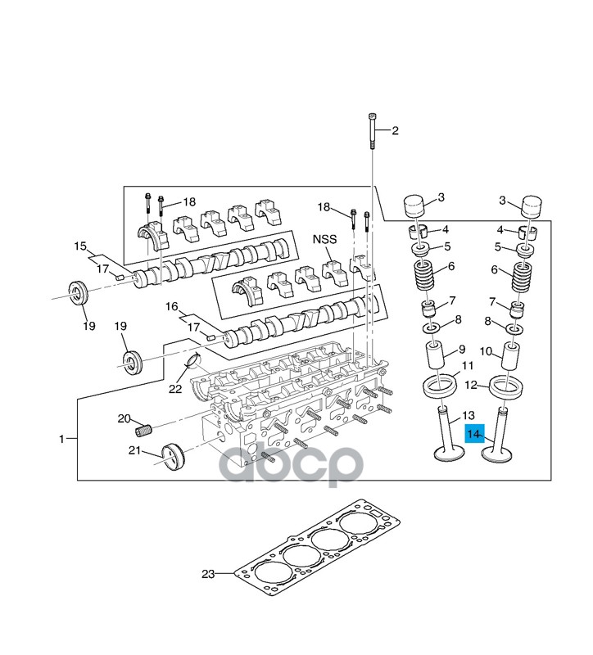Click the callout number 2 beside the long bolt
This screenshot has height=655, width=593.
[x=394, y=131]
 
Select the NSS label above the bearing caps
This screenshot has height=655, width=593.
[x=324, y=241]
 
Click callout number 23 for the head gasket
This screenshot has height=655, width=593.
[x=209, y=575]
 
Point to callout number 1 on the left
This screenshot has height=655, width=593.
[x=61, y=440]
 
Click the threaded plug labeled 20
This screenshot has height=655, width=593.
[x=147, y=429]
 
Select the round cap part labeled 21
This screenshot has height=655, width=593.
[x=173, y=456]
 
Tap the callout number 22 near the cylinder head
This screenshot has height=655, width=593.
[x=174, y=389]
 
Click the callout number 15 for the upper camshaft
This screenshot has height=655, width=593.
[x=80, y=246]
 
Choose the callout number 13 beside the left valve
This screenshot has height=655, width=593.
[x=469, y=416]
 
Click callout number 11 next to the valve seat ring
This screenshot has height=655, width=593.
[x=468, y=365]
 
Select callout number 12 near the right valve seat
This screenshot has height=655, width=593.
[x=470, y=385]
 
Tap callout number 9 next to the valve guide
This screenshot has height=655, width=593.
[x=462, y=349]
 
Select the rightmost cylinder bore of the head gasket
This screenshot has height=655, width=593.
[x=357, y=526]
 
